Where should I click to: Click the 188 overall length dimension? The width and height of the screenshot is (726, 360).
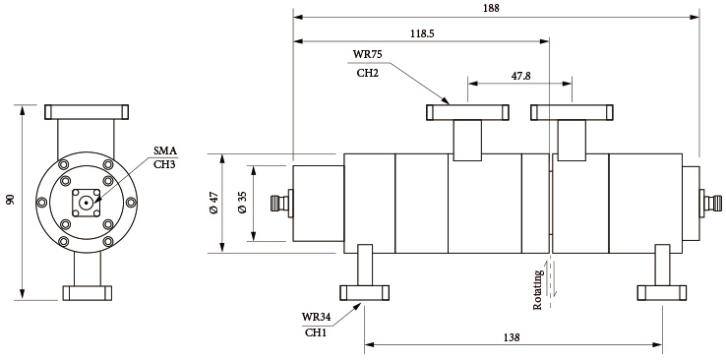pos(492,8)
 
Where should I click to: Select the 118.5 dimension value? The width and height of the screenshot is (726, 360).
pos(423,32)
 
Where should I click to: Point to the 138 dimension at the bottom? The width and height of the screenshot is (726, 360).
pos(513,336)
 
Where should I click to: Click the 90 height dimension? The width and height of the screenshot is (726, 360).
pos(11,200)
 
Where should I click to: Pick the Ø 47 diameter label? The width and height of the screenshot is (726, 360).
pos(214,204)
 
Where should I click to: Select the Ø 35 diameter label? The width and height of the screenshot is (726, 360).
pos(242,204)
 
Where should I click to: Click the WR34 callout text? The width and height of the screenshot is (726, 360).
pos(316,317)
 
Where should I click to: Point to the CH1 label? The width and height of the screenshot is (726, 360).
pos(316,333)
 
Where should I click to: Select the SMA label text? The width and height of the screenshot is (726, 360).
pos(165,150)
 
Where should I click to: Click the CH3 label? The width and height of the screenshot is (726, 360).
pos(165,164)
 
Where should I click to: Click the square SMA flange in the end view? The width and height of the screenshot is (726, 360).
pos(88,203)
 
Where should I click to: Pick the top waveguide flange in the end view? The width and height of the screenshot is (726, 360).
pos(88,111)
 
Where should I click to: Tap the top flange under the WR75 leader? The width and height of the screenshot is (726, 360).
pos(467,112)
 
